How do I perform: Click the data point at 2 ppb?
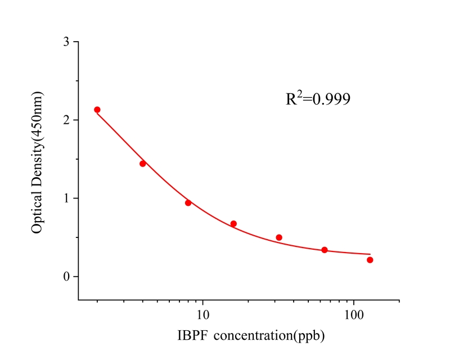coord(97,110)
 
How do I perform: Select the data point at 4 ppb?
coord(143,164)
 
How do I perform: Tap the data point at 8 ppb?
coord(188,202)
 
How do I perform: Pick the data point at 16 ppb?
coord(233,224)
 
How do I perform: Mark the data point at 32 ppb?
coord(279,237)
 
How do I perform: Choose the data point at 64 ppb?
coord(325,250)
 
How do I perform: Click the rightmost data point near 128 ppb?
coord(370,260)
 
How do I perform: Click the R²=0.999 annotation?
coord(318,98)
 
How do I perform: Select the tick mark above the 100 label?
coord(354,302)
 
